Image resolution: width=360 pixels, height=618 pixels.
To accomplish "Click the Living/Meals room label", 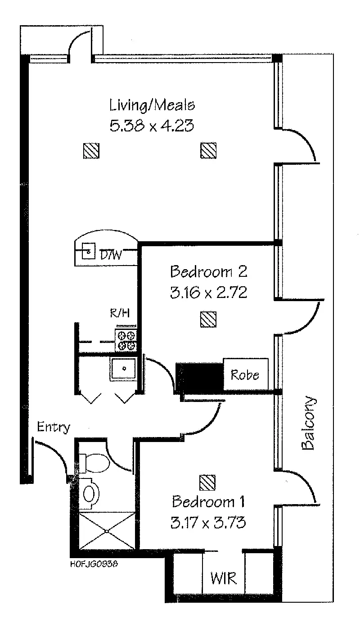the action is point(152,106).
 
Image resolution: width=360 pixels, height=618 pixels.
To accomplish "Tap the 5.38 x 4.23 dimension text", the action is point(152,125).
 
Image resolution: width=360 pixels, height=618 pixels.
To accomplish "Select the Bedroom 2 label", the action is point(208,272).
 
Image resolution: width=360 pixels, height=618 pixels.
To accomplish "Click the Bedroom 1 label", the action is point(209,501).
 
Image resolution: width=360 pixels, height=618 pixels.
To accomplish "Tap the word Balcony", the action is point(308,424).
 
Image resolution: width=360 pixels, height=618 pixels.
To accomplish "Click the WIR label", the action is point(223,578).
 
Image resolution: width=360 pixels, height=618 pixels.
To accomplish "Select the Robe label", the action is point(245,374).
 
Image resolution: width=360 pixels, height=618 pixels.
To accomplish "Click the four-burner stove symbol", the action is point(126,340).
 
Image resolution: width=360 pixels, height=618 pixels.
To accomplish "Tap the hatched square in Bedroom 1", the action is point(207,483).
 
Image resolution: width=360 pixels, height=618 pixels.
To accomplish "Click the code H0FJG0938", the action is point(95,562).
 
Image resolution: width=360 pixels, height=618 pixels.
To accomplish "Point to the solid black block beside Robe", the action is point(200,375).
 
